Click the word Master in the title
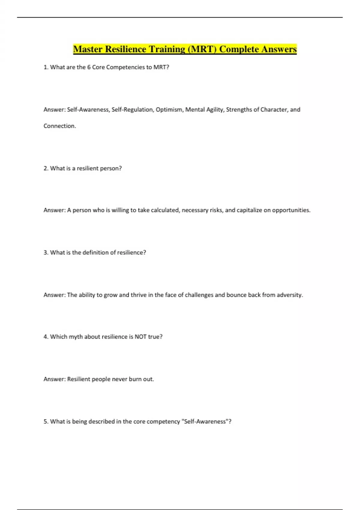[x=88, y=49]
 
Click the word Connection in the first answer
[x=59, y=126]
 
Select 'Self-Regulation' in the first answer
[x=132, y=109]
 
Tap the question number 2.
[x=46, y=168]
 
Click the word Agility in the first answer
[x=214, y=109]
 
